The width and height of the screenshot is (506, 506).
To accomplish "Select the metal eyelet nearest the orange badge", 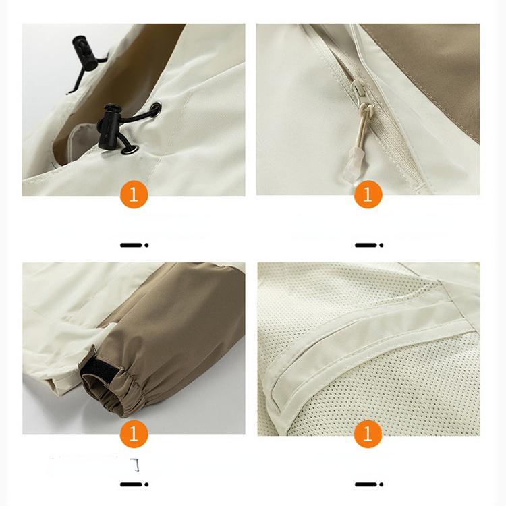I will click(x=133, y=150).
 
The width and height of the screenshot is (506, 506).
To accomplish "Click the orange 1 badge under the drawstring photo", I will click(x=134, y=195).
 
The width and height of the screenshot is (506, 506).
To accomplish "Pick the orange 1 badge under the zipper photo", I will click(x=368, y=195).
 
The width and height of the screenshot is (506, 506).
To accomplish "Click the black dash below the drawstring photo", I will click(x=134, y=245).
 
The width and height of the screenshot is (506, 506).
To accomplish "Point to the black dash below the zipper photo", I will click(x=368, y=245).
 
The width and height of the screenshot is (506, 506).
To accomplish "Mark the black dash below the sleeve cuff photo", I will click(x=134, y=484).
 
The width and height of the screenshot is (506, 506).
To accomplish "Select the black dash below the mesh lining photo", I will click(x=368, y=484).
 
